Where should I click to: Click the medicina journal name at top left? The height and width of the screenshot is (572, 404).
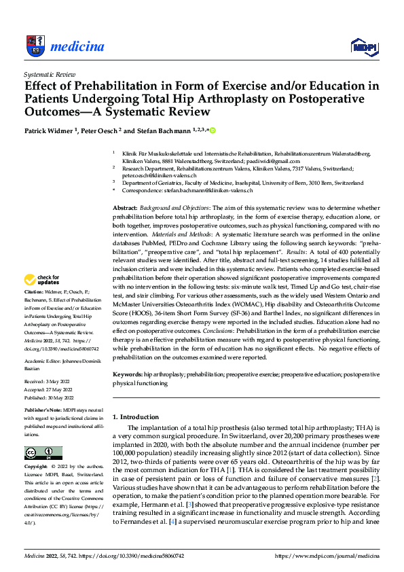(x=77, y=46)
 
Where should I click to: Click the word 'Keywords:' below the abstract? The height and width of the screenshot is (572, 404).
(x=128, y=374)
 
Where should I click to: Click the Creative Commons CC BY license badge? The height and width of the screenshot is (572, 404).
(x=43, y=453)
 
